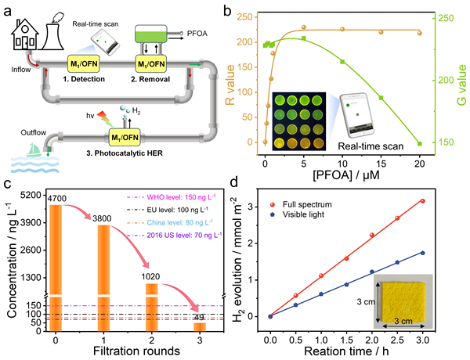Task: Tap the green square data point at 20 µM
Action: (x=419, y=143)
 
